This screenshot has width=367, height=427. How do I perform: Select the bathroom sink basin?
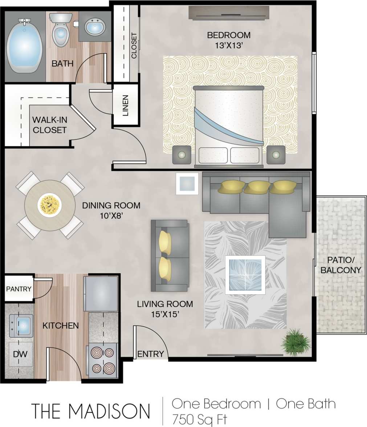[x=95, y=27]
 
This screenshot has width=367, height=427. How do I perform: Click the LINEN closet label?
[x=125, y=105]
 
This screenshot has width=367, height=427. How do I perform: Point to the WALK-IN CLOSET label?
[x=49, y=125]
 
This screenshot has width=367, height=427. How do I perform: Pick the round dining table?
[x=50, y=205]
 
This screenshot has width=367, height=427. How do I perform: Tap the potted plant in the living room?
[x=296, y=343]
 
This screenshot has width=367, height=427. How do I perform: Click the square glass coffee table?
[x=245, y=275]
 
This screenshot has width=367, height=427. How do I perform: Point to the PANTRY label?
[x=19, y=290]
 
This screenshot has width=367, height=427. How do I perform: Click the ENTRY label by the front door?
[x=150, y=354]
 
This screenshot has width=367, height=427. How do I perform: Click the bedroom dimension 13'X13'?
[x=229, y=46]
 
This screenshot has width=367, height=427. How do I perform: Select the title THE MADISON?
[x=90, y=410]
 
